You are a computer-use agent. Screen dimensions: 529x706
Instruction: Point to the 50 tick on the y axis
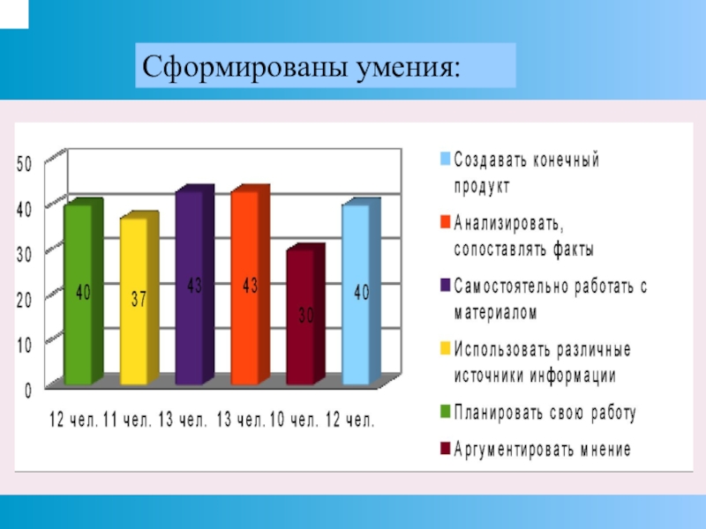coord(25,163)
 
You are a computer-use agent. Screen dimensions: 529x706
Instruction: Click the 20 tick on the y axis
coord(25,300)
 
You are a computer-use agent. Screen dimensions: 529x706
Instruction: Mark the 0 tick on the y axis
coord(28,389)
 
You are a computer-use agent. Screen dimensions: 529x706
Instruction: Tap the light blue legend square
coord(446,160)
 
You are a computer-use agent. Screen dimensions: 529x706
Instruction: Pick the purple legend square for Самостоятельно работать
coord(446,285)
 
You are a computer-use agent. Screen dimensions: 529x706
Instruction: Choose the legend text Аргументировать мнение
coord(543,450)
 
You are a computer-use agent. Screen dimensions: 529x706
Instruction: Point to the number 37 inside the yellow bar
coord(139,300)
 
